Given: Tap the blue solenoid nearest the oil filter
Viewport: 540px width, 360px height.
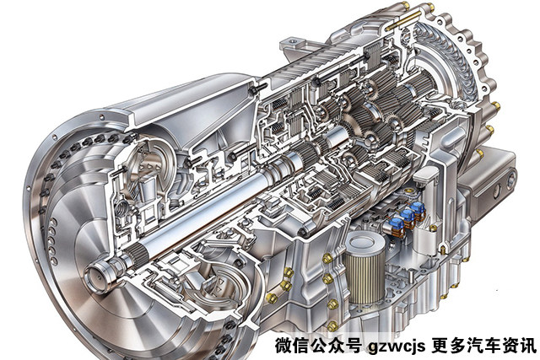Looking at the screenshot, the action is point(397,224).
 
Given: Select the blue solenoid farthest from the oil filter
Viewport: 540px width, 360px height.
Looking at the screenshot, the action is point(418,209).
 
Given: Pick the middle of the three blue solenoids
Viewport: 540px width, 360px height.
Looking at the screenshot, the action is point(408,216).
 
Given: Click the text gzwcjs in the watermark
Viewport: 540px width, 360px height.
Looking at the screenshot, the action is point(397,346).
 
